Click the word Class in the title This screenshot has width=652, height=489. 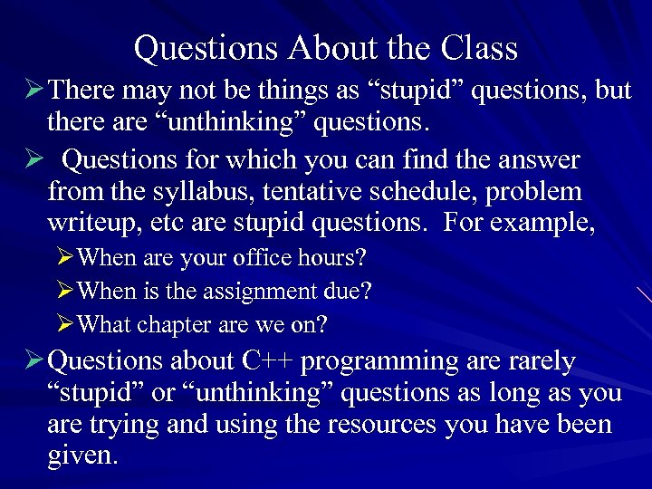(479, 48)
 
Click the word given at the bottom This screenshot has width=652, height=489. (81, 455)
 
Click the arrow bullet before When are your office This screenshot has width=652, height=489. (64, 258)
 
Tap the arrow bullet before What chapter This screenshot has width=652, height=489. (64, 324)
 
